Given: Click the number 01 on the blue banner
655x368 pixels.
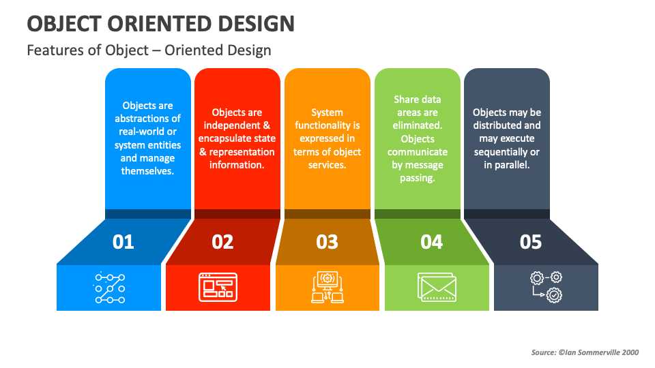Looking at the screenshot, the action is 123,242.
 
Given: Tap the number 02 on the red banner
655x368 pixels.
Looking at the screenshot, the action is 222,242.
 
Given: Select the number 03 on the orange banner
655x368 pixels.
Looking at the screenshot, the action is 327,242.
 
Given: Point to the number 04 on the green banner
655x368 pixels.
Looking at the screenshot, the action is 431,242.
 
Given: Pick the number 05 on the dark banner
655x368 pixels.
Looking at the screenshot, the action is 531,242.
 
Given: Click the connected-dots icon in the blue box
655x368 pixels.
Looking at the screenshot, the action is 109,288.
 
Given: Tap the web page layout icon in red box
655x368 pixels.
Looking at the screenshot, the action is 218,287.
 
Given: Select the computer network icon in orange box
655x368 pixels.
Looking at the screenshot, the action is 327,287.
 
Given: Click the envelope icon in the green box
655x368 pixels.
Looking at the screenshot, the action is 437,287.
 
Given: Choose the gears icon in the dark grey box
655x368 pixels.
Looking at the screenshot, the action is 547,287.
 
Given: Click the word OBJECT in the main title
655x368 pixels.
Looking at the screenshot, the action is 64,24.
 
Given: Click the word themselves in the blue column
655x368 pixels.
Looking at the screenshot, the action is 147,171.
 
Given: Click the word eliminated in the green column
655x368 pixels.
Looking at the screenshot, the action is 418,125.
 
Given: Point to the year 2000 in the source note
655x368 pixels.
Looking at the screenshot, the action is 630,352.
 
